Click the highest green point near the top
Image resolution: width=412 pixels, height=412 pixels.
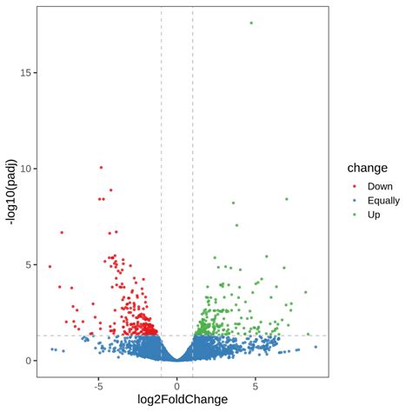tap(251, 23)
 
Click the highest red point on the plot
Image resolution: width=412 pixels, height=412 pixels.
tap(101, 167)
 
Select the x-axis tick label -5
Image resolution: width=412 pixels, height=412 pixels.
tap(98, 383)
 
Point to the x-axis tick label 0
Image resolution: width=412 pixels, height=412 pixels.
tap(176, 383)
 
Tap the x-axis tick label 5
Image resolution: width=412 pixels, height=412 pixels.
tap(255, 383)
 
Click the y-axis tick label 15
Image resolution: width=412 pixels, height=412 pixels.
tap(28, 72)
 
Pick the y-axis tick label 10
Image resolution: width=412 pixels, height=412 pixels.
tap(28, 169)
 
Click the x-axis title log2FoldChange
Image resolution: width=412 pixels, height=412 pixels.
tap(176, 399)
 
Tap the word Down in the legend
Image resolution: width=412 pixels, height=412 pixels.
tap(380, 186)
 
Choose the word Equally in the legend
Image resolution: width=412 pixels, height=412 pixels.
tap(384, 200)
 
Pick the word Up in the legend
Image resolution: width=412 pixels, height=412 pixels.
tap(375, 214)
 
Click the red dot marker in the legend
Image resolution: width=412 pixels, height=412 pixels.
tap(355, 186)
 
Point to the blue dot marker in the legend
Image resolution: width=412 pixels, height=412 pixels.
tap(355, 200)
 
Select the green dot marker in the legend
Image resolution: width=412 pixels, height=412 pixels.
tap(355, 214)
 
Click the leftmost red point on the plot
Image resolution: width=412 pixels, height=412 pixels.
tap(50, 266)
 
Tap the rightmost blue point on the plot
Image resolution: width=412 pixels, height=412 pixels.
tap(316, 347)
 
